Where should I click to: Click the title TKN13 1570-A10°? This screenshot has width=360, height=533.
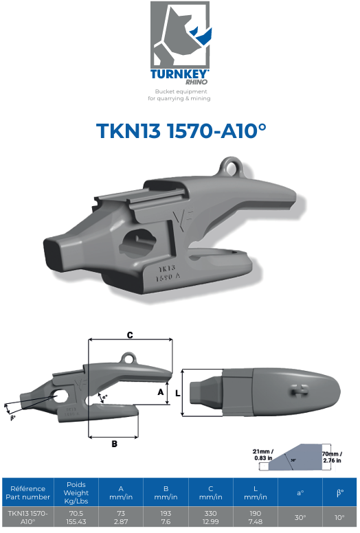tap(180, 132)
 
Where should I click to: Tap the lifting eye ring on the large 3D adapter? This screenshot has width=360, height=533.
tap(230, 167)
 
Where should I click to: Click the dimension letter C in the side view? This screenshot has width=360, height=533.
tap(129, 334)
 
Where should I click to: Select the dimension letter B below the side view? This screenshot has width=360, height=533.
tap(114, 444)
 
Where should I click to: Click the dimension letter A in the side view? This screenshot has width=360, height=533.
tap(161, 392)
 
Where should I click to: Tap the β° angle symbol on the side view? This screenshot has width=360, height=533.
tap(13, 417)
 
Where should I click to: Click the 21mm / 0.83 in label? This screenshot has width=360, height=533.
tap(262, 453)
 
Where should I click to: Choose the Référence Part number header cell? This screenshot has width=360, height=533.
tap(27, 492)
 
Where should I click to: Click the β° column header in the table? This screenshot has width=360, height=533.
tap(339, 492)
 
